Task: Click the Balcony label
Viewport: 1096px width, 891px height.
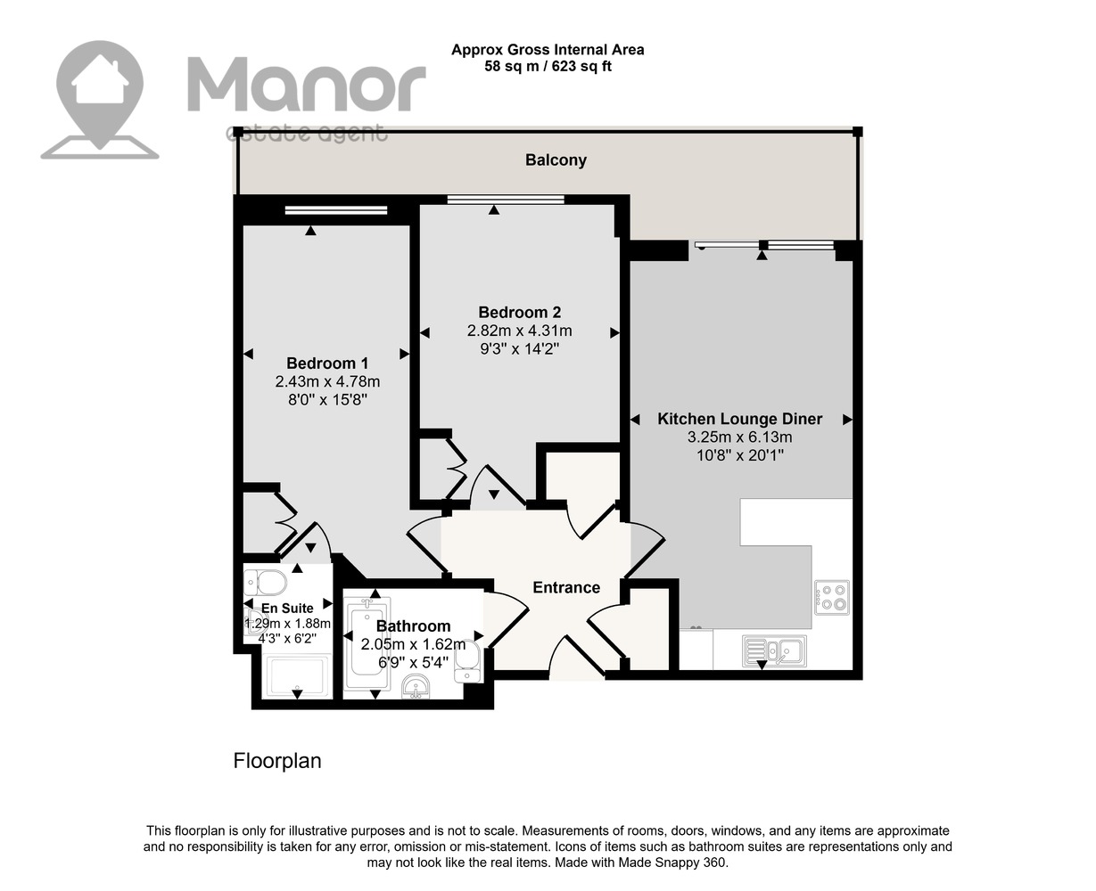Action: pyautogui.click(x=556, y=160)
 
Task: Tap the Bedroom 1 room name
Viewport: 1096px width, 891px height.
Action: pyautogui.click(x=327, y=364)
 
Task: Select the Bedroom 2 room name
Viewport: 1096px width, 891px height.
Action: pyautogui.click(x=519, y=312)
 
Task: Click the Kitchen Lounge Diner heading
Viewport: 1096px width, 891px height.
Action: pyautogui.click(x=740, y=419)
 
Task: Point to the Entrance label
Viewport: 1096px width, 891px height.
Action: pyautogui.click(x=566, y=588)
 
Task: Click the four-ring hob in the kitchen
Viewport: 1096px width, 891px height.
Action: pyautogui.click(x=831, y=598)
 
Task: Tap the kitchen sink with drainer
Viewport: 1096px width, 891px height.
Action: pyautogui.click(x=774, y=651)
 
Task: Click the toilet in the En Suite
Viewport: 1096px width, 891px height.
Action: pyautogui.click(x=265, y=583)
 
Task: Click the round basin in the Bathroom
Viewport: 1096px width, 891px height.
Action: pyautogui.click(x=416, y=686)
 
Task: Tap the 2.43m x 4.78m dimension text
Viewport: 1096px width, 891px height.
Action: pyautogui.click(x=327, y=381)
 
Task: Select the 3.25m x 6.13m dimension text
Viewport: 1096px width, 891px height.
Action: pyautogui.click(x=740, y=437)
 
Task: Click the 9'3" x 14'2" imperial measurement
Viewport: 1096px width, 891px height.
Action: pyautogui.click(x=519, y=349)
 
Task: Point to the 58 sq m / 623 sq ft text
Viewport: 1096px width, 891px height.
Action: pyautogui.click(x=548, y=67)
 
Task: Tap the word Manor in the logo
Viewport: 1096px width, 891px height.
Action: pyautogui.click(x=307, y=85)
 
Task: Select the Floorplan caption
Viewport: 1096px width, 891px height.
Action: pyautogui.click(x=277, y=761)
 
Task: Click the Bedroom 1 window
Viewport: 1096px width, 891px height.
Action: pyautogui.click(x=336, y=209)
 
